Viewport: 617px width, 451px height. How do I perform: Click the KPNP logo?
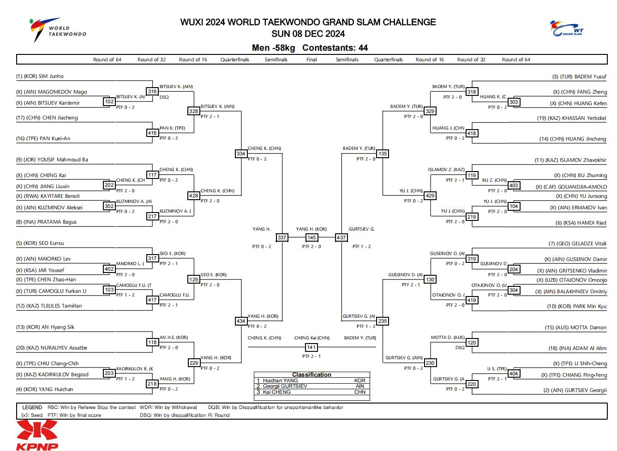(x=37, y=435)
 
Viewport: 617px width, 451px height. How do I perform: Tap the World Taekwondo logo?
(x=58, y=30)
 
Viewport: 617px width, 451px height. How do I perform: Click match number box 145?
(x=311, y=237)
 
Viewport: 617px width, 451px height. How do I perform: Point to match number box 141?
(x=311, y=347)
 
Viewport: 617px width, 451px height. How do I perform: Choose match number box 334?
(x=241, y=154)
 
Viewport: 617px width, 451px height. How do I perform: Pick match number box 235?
(x=383, y=321)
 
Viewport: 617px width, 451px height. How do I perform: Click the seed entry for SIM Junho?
(x=40, y=76)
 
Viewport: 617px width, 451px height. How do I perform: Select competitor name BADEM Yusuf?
(x=579, y=77)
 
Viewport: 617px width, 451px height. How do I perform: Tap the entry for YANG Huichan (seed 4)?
(x=44, y=389)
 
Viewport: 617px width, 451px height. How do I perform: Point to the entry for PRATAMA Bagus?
(x=46, y=222)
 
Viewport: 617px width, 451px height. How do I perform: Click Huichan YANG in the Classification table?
(x=280, y=380)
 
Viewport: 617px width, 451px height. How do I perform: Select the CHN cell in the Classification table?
(x=360, y=392)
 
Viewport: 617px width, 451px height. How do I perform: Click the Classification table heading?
(x=311, y=375)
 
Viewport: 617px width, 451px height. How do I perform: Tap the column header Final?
(x=311, y=59)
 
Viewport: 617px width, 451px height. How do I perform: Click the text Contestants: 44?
(x=335, y=48)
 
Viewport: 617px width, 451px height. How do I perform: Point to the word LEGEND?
(x=32, y=408)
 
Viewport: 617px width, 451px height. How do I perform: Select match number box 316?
(x=152, y=91)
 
